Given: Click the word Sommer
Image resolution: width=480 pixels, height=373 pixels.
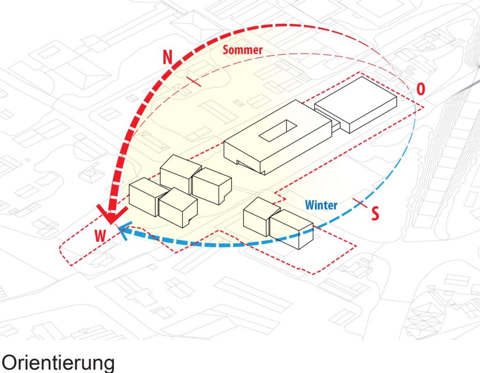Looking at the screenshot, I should pyautogui.click(x=243, y=50).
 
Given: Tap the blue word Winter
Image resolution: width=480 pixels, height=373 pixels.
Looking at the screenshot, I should pyautogui.click(x=321, y=205).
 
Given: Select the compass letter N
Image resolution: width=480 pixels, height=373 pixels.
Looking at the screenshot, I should pyautogui.click(x=167, y=57).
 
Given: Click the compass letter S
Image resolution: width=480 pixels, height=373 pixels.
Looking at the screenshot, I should pyautogui.click(x=375, y=213).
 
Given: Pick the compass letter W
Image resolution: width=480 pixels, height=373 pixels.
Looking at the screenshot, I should pyautogui.click(x=100, y=236).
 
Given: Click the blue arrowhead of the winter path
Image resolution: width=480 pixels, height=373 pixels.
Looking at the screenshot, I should pyautogui.click(x=123, y=231).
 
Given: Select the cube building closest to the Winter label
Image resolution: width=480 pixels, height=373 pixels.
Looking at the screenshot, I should pyautogui.click(x=292, y=228).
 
